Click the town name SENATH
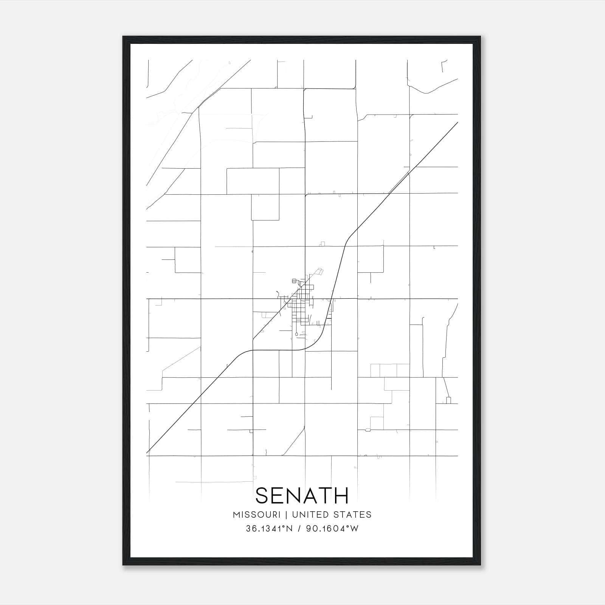(x=302, y=495)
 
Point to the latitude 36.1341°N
(x=269, y=529)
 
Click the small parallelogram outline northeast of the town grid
(x=320, y=271)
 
